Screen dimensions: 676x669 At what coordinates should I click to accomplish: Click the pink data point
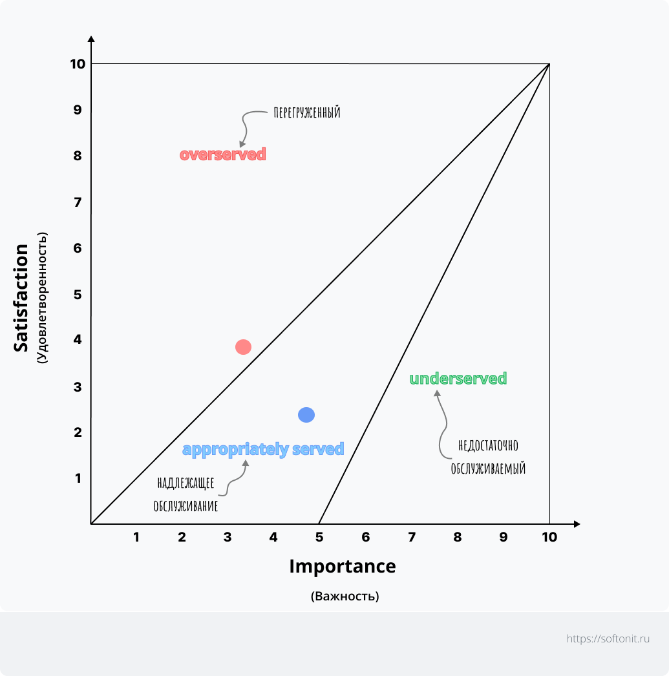coord(243,347)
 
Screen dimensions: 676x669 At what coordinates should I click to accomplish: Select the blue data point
coord(306,415)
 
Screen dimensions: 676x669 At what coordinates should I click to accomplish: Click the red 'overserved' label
coord(223,154)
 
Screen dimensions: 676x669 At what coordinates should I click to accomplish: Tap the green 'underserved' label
coord(458,379)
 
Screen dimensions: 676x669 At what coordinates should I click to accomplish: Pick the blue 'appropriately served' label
coord(263,449)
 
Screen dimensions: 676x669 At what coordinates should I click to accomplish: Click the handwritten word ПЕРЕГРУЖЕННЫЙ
coord(307,113)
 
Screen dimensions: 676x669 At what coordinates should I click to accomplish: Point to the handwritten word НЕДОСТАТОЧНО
coord(488,446)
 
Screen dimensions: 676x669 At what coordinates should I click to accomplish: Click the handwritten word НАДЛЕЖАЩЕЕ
coord(186,483)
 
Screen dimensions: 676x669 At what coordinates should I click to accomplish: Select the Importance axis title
coord(342,566)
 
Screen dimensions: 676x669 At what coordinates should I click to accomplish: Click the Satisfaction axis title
coord(22,298)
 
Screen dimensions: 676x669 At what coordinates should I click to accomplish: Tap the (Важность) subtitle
coord(345,596)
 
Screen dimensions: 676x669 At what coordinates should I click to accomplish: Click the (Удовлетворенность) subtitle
coord(42,298)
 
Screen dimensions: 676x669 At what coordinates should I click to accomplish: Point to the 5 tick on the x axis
coord(319,537)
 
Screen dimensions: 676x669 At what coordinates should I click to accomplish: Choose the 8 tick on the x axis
coord(458,537)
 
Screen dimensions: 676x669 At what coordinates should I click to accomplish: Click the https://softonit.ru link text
coord(607,639)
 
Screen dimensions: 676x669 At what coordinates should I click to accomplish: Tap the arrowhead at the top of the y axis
coord(91,39)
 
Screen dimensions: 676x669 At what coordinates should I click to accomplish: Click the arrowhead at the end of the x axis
coord(577,523)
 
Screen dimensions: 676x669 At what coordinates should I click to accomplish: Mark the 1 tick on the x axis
coord(136,537)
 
